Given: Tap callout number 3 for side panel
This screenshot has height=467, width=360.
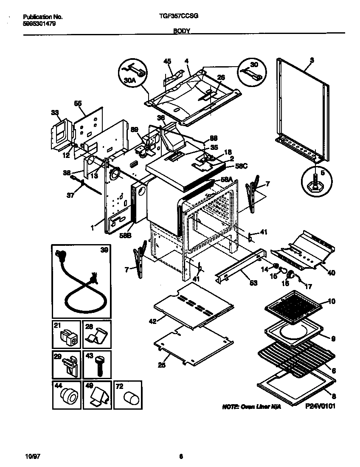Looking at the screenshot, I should point(312,60).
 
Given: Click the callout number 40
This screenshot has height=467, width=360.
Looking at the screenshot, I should point(331,273).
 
